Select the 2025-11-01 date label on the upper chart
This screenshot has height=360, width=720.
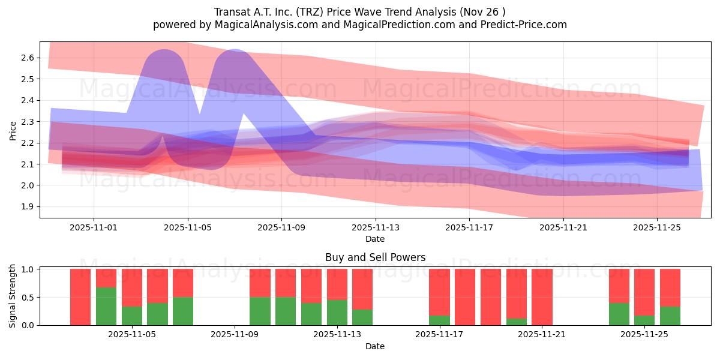pos(94,227)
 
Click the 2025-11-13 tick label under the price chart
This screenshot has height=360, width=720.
pos(376,227)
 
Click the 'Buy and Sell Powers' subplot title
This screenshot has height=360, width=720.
pos(375,257)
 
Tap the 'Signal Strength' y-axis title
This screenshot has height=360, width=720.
pos(13,297)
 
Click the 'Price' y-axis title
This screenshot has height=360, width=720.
pos(13,130)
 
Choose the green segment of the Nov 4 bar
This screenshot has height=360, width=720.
pos(106,306)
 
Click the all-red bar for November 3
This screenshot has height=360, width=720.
pos(80,297)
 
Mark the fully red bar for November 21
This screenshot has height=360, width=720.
pos(542,297)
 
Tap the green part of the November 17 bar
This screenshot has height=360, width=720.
pos(439,320)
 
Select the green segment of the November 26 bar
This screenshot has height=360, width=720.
pos(670,316)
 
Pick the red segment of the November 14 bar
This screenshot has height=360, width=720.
pos(362,289)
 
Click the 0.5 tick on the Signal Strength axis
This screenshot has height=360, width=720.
pos(29,297)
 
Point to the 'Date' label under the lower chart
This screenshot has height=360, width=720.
pos(375,346)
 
